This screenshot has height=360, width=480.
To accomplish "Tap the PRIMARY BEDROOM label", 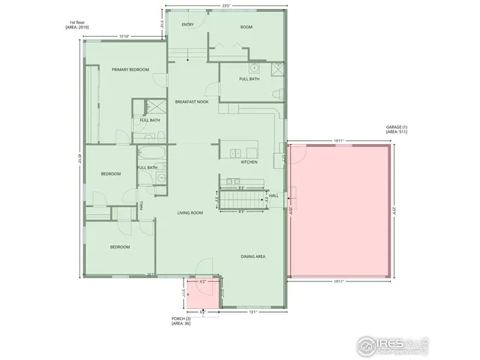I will coord(130,70).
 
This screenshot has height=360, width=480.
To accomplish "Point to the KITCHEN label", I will coord(249,162).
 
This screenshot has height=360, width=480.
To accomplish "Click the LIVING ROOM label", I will coord(190,213).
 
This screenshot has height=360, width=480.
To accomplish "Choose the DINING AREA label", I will coord(253,256).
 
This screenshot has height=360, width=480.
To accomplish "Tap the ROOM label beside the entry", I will coord(246,27).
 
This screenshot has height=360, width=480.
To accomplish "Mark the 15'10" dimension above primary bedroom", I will coord(124,36).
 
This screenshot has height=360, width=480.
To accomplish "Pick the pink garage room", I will coord(339,211).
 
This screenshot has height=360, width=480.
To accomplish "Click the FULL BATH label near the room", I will coord(249,79).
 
